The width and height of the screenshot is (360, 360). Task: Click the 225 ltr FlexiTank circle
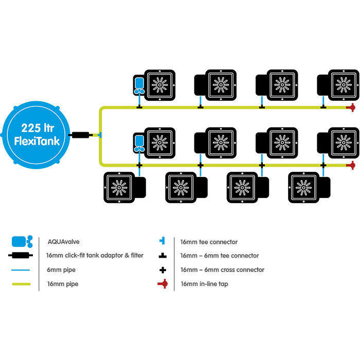35,135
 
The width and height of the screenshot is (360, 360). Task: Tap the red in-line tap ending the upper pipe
351,107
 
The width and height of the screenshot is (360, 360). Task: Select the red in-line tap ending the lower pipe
351,165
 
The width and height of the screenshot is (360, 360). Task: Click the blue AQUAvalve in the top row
139,86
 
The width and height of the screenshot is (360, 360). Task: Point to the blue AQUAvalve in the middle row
139,143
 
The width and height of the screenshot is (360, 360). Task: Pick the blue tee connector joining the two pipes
100,135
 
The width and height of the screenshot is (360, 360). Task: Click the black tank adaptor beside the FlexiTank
80,135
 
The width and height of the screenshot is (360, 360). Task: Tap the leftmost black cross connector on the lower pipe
139,165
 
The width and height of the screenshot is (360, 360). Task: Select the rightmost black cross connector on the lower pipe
323,165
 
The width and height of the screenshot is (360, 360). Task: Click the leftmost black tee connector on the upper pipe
139,107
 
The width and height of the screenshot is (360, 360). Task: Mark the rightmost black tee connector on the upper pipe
323,107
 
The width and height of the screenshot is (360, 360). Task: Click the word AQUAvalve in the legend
64,242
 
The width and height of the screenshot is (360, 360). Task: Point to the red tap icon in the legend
163,284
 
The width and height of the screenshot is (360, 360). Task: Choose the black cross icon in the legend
163,270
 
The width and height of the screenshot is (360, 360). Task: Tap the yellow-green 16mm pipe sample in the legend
22,284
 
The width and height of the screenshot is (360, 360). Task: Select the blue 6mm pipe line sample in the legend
21,270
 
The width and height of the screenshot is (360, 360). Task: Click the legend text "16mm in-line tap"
204,284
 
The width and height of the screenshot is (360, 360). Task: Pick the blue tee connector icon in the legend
163,241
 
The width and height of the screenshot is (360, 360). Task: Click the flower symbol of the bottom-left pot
119,188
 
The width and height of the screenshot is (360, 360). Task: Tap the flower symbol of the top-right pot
344,85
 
